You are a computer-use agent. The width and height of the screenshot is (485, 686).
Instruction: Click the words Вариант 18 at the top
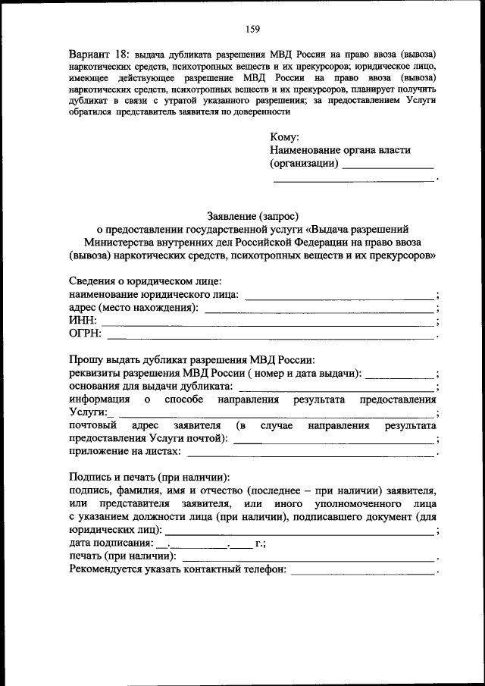[99, 55]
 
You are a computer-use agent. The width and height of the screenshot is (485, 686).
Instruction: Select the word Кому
[284, 137]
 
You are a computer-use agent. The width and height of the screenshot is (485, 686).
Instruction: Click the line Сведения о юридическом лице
[140, 280]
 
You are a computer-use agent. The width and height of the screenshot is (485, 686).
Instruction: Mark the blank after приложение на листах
[311, 453]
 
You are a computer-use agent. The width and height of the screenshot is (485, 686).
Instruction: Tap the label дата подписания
[109, 543]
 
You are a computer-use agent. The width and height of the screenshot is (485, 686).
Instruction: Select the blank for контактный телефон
[363, 572]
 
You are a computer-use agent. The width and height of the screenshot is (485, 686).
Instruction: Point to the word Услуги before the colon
[86, 412]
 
